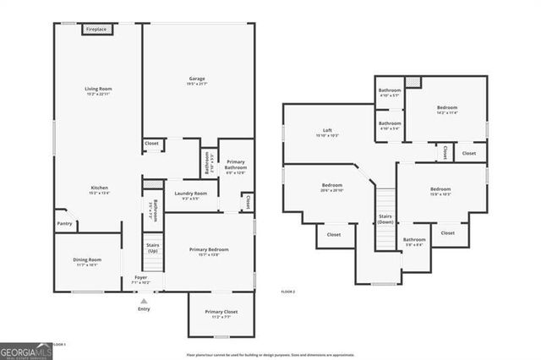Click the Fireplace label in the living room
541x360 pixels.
click(x=96, y=30)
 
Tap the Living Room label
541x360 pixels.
click(x=98, y=89)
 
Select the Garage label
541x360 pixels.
click(x=197, y=79)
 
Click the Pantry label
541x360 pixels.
click(x=64, y=224)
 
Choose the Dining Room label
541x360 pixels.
click(x=87, y=260)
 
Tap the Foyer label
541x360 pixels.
click(x=141, y=277)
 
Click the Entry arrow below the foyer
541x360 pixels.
click(x=144, y=301)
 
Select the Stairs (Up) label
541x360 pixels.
click(x=153, y=248)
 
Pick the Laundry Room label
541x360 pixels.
click(x=190, y=194)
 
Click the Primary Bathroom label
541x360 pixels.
click(x=236, y=165)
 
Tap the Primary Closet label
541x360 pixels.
click(x=221, y=312)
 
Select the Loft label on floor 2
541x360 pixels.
click(x=323, y=130)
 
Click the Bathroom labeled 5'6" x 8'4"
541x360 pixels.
click(x=414, y=240)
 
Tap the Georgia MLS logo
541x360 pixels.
click(x=25, y=350)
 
